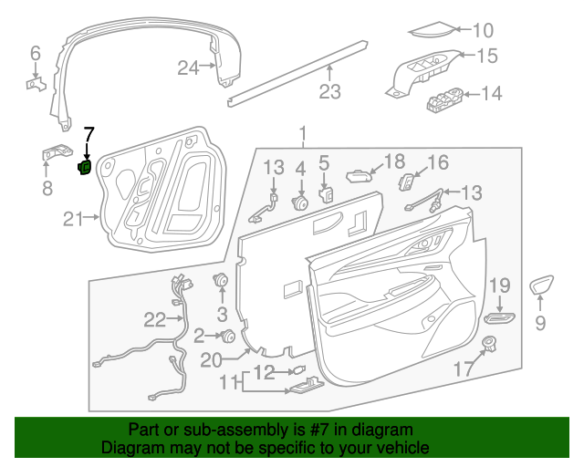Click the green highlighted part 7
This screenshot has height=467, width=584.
coord(85,167)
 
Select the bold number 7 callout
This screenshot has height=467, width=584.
coord(89,135)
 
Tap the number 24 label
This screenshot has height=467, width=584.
coord(188,67)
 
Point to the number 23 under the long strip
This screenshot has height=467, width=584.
coord(328,91)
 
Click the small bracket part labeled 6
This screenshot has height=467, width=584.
coord(34,84)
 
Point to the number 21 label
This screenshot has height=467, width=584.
coord(73,217)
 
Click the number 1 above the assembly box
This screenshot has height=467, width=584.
coord(302,135)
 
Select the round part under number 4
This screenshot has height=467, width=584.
coord(299,202)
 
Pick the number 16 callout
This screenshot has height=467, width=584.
coord(438,162)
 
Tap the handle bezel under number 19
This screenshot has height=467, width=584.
coord(499,317)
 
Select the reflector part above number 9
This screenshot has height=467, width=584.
coord(542,285)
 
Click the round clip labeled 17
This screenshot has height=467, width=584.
coord(490,344)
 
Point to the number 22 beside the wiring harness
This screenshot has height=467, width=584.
coord(154,319)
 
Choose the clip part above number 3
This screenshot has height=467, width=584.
coord(220,280)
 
